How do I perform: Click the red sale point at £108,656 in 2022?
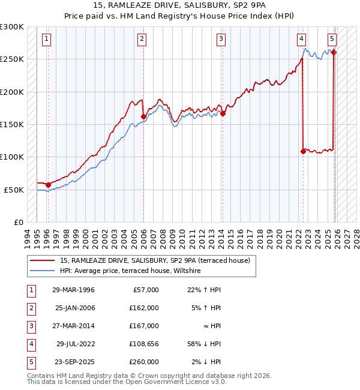303,152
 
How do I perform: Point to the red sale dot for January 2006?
144,117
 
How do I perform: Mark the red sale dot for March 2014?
223,113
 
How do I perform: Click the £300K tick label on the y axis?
12,27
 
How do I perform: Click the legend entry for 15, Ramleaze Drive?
158,260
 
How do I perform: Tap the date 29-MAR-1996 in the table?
73,290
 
